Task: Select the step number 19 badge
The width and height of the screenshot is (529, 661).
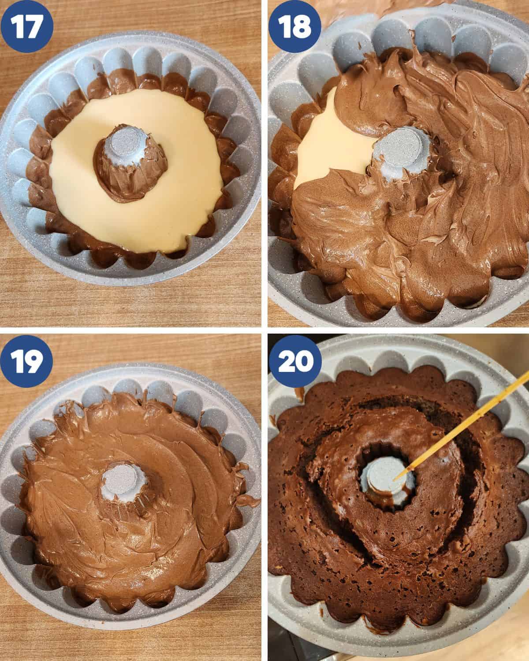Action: [x=26, y=361]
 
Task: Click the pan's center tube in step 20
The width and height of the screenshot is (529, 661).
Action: [x=387, y=482]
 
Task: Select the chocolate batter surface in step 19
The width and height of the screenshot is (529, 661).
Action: [x=129, y=528]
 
